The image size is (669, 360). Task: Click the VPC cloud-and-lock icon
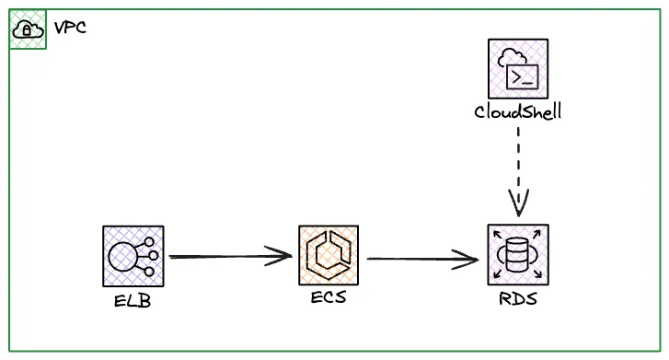(27, 29)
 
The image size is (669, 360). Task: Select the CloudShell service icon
(517, 69)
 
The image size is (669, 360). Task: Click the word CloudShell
(517, 111)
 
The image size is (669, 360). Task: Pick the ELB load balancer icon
(133, 255)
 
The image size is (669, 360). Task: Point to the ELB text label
(133, 299)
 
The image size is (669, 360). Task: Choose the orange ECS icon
(329, 255)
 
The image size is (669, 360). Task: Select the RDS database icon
(517, 255)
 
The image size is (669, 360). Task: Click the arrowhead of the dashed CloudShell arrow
(518, 204)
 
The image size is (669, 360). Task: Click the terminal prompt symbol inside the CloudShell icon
(523, 76)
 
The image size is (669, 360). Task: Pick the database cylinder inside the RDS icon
(517, 254)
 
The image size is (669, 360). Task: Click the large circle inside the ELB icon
(126, 255)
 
